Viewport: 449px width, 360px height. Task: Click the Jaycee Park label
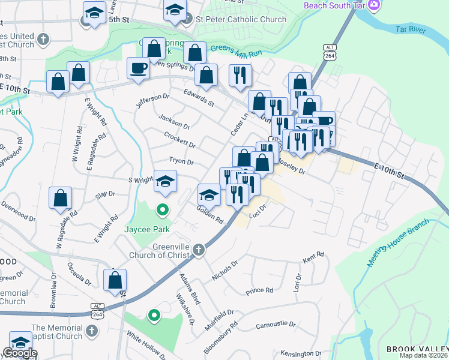(x=147, y=229)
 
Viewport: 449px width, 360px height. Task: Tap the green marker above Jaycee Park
(x=161, y=210)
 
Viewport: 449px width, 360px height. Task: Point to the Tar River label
(x=409, y=29)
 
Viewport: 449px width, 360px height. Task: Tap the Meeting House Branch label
(x=397, y=243)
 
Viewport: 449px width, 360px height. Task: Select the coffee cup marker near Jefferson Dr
(x=138, y=68)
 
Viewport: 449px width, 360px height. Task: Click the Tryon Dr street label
(x=181, y=162)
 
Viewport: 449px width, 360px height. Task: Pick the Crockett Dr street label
(x=179, y=140)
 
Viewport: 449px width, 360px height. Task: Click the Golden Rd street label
(x=209, y=215)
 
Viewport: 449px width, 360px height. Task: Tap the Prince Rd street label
(x=259, y=291)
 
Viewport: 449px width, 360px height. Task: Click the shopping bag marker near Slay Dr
(x=61, y=197)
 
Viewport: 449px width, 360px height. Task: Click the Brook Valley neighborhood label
(x=417, y=349)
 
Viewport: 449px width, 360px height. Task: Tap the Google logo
(x=19, y=353)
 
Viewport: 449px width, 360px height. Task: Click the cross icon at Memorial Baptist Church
(x=91, y=331)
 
